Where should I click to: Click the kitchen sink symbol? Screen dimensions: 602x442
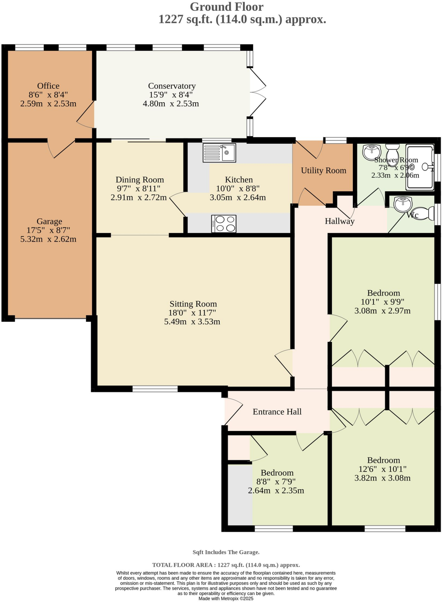tap(219, 153)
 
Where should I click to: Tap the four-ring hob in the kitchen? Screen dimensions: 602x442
tap(223, 224)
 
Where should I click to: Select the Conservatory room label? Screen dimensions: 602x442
tap(172, 86)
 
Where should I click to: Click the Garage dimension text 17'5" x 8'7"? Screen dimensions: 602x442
tap(49, 230)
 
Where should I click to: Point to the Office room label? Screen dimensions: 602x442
tap(48, 86)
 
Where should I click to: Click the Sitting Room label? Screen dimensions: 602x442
tap(193, 304)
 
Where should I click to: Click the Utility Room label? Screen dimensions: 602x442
tap(323, 170)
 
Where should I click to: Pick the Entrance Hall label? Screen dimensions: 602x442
tap(277, 412)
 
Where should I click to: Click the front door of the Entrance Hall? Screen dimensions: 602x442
tap(233, 412)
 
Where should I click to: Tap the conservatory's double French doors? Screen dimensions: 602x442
tap(257, 92)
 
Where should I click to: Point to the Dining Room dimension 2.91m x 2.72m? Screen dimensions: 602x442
tap(139, 198)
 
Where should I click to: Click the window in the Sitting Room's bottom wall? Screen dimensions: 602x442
tap(155, 389)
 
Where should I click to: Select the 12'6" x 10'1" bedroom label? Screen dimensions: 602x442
tap(383, 460)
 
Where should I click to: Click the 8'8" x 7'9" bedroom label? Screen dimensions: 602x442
tap(277, 473)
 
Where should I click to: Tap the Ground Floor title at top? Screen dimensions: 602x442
tap(226, 7)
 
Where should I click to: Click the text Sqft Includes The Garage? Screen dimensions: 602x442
tap(226, 552)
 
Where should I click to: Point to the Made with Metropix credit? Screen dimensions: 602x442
tap(226, 598)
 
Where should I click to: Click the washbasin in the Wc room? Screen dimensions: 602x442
tap(403, 203)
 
